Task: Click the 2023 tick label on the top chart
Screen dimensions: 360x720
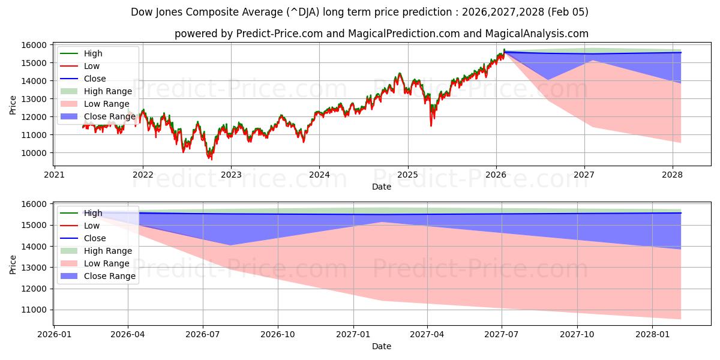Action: pyautogui.click(x=231, y=175)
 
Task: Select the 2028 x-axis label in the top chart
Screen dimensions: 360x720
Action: pyautogui.click(x=673, y=175)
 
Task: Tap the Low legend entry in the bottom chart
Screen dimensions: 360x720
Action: pyautogui.click(x=92, y=226)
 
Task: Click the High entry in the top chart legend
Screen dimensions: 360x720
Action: pyautogui.click(x=93, y=53)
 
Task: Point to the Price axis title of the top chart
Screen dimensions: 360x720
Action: pyautogui.click(x=13, y=104)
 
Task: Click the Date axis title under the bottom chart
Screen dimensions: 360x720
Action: pyautogui.click(x=381, y=346)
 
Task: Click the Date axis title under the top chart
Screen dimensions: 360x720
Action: pyautogui.click(x=381, y=187)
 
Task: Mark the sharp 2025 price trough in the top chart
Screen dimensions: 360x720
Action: pyautogui.click(x=431, y=125)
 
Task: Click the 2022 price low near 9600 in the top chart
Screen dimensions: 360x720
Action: pyautogui.click(x=210, y=159)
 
